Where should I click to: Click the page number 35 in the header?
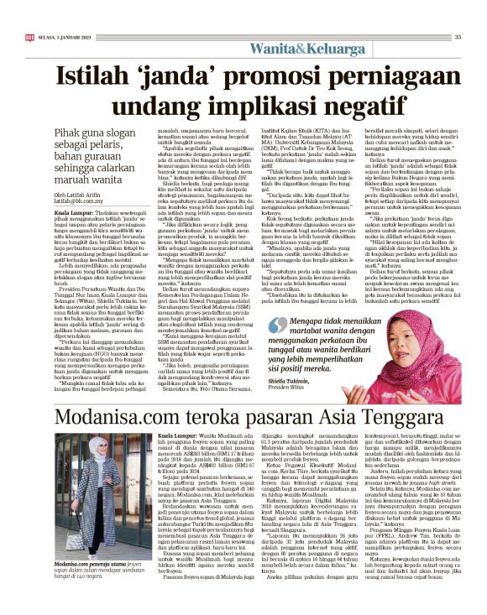[x=458, y=37]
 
